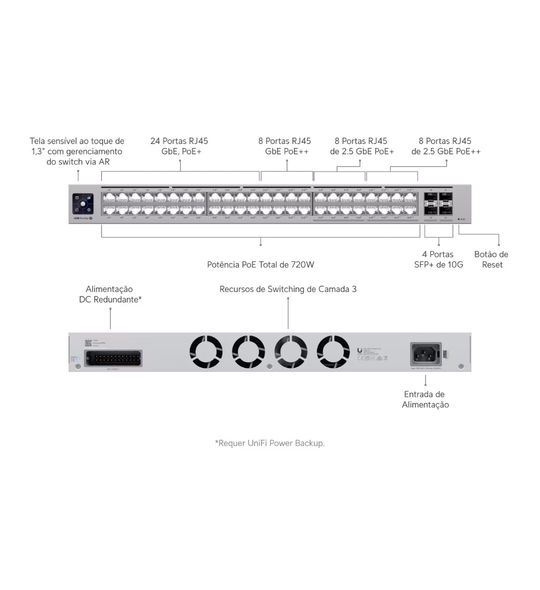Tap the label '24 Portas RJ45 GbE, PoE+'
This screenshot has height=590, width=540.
[179, 146]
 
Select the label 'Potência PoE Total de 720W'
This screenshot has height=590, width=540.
[260, 264]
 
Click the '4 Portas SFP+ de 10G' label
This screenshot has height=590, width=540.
[438, 259]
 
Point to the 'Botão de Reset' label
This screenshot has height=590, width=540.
[491, 259]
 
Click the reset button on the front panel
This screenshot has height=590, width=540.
[459, 219]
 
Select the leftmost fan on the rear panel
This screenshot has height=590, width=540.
[206, 351]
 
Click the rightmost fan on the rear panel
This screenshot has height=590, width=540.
[333, 351]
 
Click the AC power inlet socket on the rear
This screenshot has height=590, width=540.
[425, 354]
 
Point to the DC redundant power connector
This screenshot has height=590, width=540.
[113, 358]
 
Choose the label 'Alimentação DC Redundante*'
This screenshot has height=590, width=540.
[110, 294]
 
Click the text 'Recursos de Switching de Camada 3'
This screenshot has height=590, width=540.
[288, 289]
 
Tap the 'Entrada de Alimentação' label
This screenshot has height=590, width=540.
[425, 399]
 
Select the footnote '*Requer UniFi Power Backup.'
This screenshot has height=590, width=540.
[270, 443]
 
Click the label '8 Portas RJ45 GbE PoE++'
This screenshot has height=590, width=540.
[285, 146]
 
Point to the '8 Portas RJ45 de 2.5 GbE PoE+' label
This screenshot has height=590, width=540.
[361, 146]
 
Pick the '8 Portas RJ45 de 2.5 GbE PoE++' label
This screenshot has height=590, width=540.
[445, 146]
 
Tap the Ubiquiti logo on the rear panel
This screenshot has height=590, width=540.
[360, 350]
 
